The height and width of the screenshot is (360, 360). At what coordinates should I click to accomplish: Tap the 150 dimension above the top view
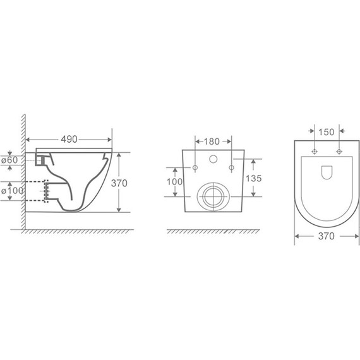click(x=327, y=133)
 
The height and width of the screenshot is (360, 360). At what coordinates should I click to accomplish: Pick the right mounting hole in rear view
click(x=231, y=167)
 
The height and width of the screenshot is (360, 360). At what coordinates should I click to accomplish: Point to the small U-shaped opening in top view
click(x=327, y=171)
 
